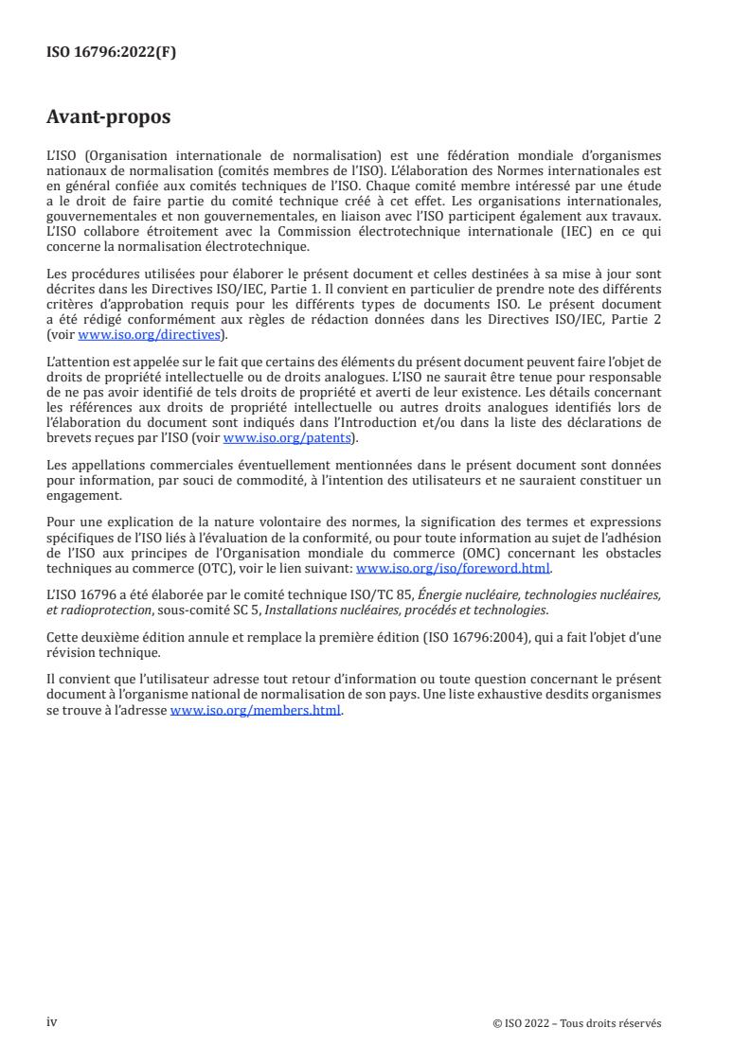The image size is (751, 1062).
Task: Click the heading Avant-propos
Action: tap(109, 118)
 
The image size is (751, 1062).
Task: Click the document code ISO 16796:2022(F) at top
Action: tap(111, 53)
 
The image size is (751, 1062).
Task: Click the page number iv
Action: tap(52, 1022)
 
